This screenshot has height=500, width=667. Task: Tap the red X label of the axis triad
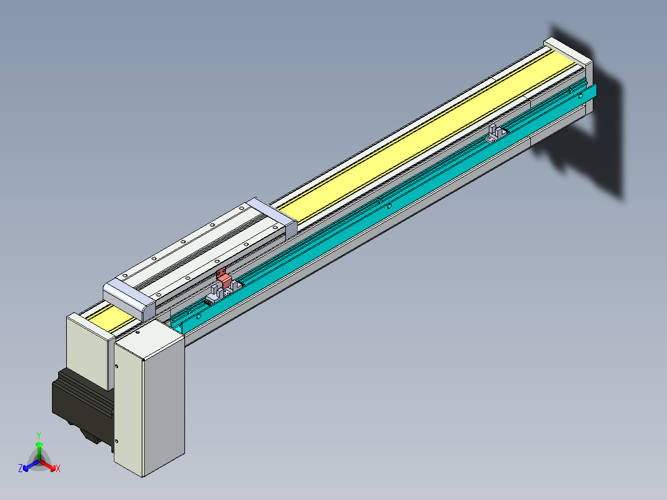coord(58,469)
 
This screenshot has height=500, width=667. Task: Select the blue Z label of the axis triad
coord(20,469)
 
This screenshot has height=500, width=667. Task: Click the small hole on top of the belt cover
coord(137,332)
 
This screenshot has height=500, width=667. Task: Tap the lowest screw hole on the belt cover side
coord(118,441)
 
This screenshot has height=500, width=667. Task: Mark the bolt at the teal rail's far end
coord(580,97)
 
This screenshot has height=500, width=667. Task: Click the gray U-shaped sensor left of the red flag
coord(214,293)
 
